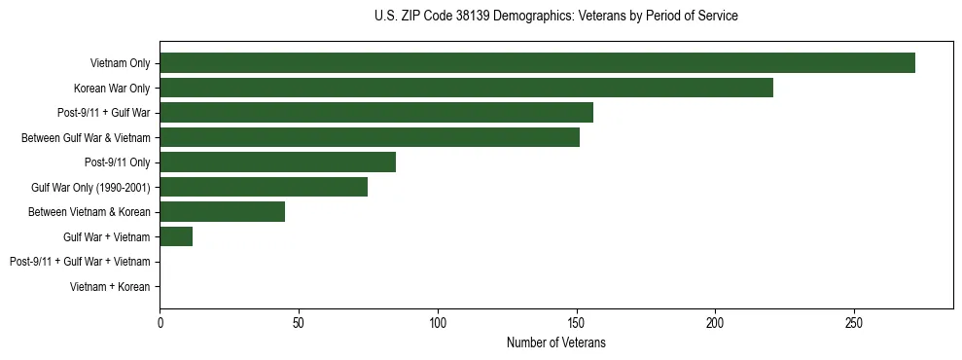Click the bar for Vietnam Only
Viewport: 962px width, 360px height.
coord(537,63)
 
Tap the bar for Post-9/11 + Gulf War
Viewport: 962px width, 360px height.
coord(375,113)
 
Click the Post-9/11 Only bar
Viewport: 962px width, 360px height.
coord(277,162)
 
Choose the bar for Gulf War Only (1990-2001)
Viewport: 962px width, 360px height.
coord(264,187)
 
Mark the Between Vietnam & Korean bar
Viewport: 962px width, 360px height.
coord(222,211)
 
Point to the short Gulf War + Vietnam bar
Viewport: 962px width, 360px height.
coord(176,236)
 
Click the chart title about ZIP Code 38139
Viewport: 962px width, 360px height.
coord(555,17)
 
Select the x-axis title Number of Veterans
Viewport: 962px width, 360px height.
coord(555,342)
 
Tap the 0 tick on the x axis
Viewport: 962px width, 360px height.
coord(160,322)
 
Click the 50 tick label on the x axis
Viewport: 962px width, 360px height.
coord(299,322)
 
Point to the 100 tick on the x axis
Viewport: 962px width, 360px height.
coord(438,322)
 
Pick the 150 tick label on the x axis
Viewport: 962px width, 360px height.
coord(577,322)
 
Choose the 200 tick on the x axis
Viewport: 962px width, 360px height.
coord(715,322)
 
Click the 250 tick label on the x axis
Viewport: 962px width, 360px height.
coord(854,322)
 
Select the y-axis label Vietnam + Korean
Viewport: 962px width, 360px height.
coord(110,286)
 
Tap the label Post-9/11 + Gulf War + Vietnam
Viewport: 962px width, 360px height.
coord(80,262)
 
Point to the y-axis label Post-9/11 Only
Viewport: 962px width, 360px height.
coord(117,162)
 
